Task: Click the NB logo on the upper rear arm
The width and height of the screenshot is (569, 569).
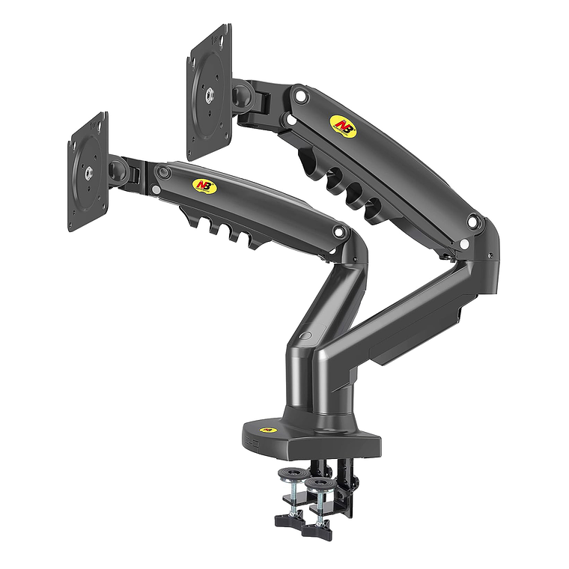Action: coord(344,121)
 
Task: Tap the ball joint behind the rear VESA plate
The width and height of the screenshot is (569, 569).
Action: coord(243,96)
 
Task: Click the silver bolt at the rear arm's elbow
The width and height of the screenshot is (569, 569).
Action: coord(473,220)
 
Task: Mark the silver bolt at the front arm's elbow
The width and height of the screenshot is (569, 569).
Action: coord(339,233)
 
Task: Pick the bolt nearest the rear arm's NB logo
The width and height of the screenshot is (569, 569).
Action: coord(299,95)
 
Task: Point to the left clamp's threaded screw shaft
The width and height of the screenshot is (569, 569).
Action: coord(291,496)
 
